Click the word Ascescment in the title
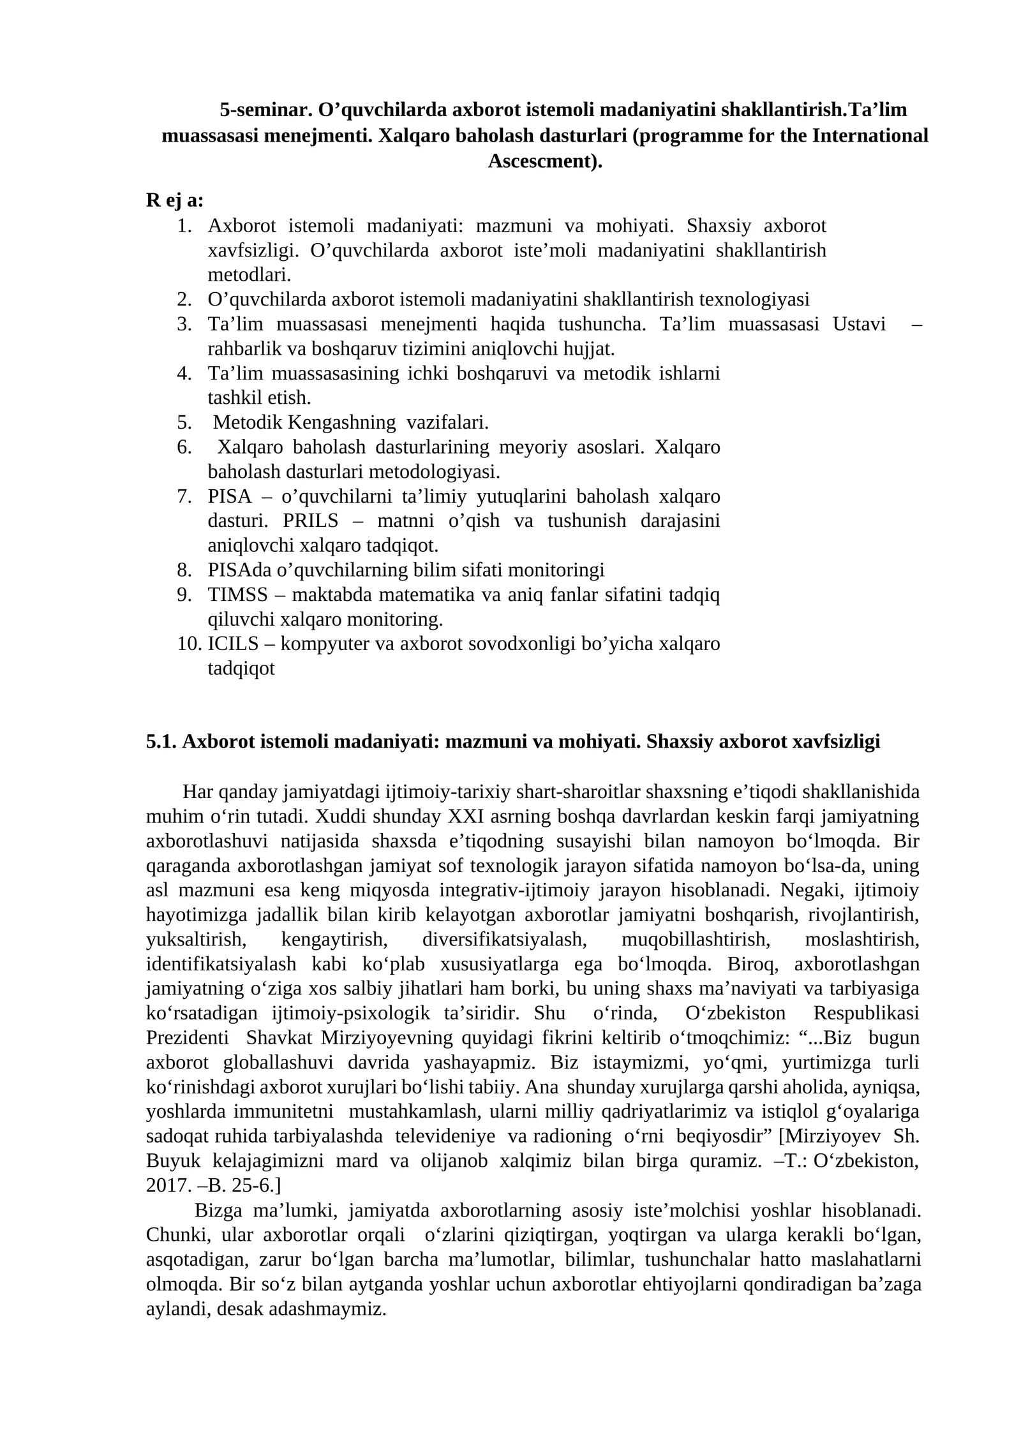(x=541, y=161)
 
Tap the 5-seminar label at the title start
(x=266, y=110)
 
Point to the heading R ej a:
(x=175, y=200)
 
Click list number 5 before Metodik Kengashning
(x=184, y=422)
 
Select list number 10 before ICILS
(x=190, y=644)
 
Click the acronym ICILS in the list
(x=233, y=644)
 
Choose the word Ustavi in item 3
(x=859, y=324)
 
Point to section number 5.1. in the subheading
(x=161, y=741)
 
